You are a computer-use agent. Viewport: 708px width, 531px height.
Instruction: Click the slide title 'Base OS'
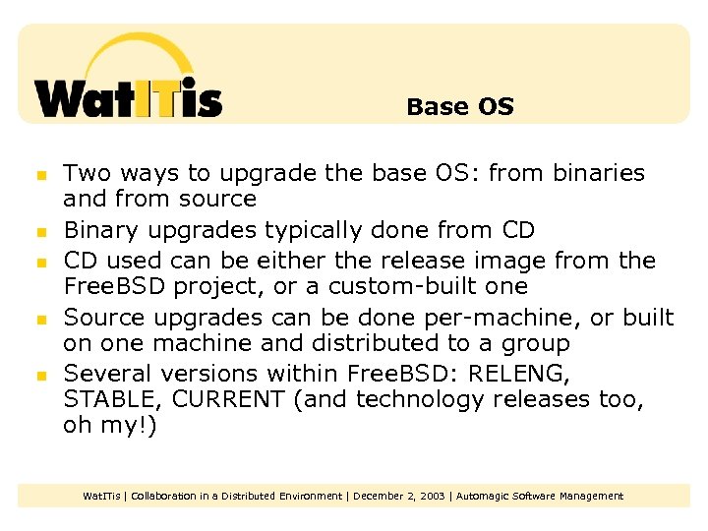(x=459, y=106)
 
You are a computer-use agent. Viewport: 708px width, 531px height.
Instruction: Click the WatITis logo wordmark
(x=128, y=98)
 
